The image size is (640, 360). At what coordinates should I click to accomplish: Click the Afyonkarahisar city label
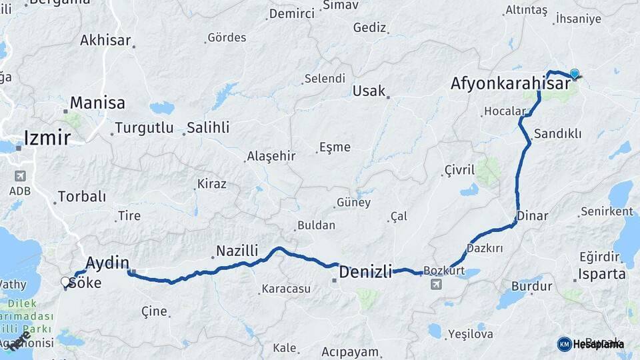tap(510, 83)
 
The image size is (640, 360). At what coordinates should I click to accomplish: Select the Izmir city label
tap(47, 138)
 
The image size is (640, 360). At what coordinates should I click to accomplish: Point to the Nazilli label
tap(237, 251)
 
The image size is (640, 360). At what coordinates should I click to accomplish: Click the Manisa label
tap(97, 103)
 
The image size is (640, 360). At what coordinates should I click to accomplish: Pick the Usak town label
tap(369, 91)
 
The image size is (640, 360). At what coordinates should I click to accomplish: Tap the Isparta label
tap(602, 273)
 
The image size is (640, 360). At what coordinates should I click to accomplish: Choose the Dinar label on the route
tap(533, 216)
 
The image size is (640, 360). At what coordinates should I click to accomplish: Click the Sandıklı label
tap(558, 134)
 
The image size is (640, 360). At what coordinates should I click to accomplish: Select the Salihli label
tap(208, 127)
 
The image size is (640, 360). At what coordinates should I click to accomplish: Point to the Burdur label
tap(531, 287)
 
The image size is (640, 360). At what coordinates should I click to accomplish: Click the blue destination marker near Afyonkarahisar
tap(574, 75)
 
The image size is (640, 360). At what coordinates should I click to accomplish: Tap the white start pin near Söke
tap(65, 282)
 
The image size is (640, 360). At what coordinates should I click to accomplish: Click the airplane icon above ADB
tap(20, 177)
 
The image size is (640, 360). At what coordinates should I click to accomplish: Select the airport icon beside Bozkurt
tap(436, 285)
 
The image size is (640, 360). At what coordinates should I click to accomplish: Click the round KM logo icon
tap(564, 344)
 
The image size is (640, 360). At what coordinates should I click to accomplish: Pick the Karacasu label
tap(286, 289)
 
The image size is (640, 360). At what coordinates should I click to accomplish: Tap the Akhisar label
tap(105, 40)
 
